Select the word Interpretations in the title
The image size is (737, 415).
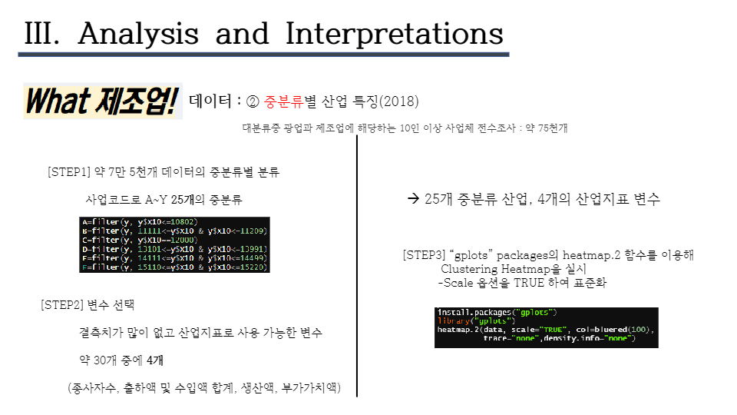point(394,34)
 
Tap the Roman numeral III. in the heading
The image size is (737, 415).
point(44,34)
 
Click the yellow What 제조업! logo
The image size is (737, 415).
point(102,101)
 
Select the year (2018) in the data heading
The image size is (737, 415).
point(399,101)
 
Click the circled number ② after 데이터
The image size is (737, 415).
point(253,101)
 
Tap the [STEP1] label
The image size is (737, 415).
point(69,172)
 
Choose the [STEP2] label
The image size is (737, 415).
point(62,305)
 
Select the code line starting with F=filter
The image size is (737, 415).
point(175,267)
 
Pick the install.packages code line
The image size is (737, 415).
point(497,312)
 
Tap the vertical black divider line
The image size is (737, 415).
point(356,261)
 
